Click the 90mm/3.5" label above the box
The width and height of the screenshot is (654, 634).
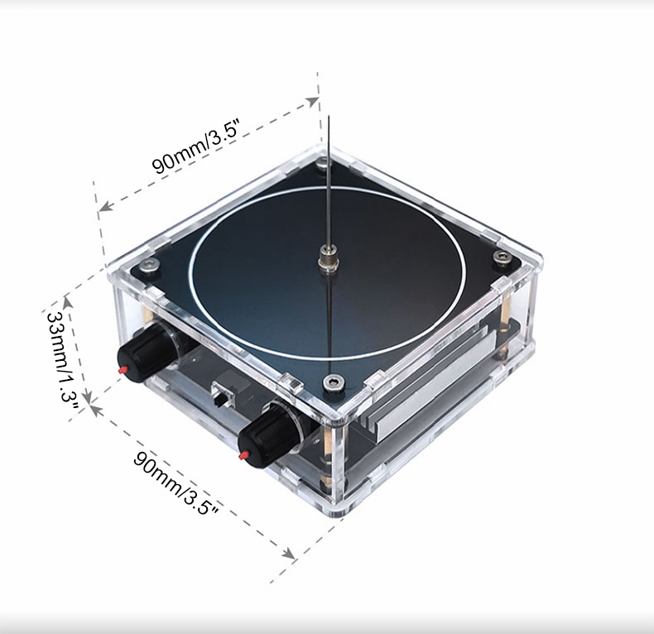[x=196, y=146]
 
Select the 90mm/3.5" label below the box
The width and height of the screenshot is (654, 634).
[x=176, y=483]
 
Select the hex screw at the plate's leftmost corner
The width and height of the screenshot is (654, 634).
[x=150, y=265]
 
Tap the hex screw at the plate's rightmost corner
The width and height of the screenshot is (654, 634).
[x=502, y=256]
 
